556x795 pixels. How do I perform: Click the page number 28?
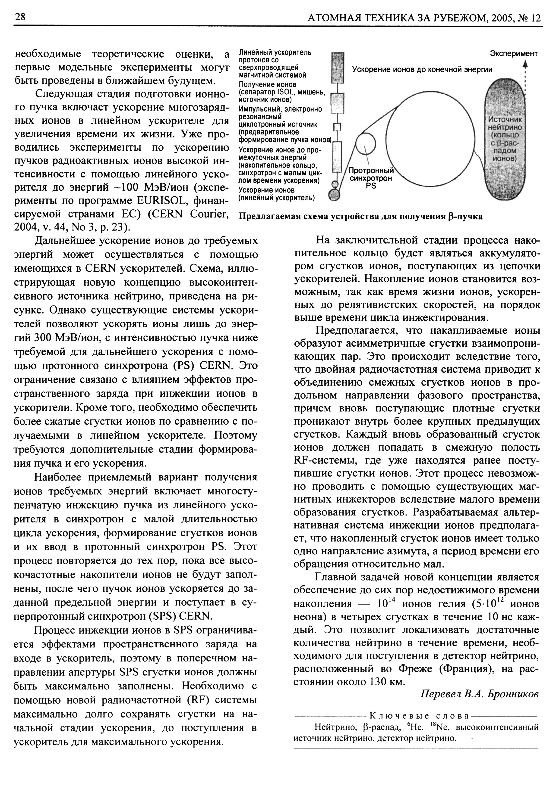[20, 17]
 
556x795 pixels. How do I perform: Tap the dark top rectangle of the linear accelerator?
[338, 67]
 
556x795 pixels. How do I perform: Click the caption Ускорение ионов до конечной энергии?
[422, 70]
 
